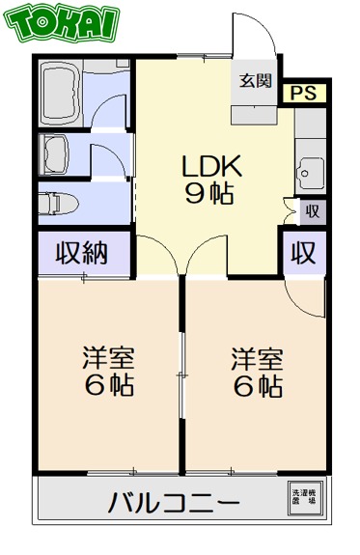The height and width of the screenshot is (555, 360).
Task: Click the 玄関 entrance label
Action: click(255, 80)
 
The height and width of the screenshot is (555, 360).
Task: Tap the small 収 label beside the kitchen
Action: click(313, 210)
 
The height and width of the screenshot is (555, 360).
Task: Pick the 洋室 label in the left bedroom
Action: click(107, 359)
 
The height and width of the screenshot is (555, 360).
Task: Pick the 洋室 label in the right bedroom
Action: click(256, 359)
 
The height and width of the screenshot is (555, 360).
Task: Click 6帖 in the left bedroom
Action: click(107, 386)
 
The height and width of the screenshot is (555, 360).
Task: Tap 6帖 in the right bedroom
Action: click(256, 386)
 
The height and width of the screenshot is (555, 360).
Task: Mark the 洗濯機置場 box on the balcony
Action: click(304, 497)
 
